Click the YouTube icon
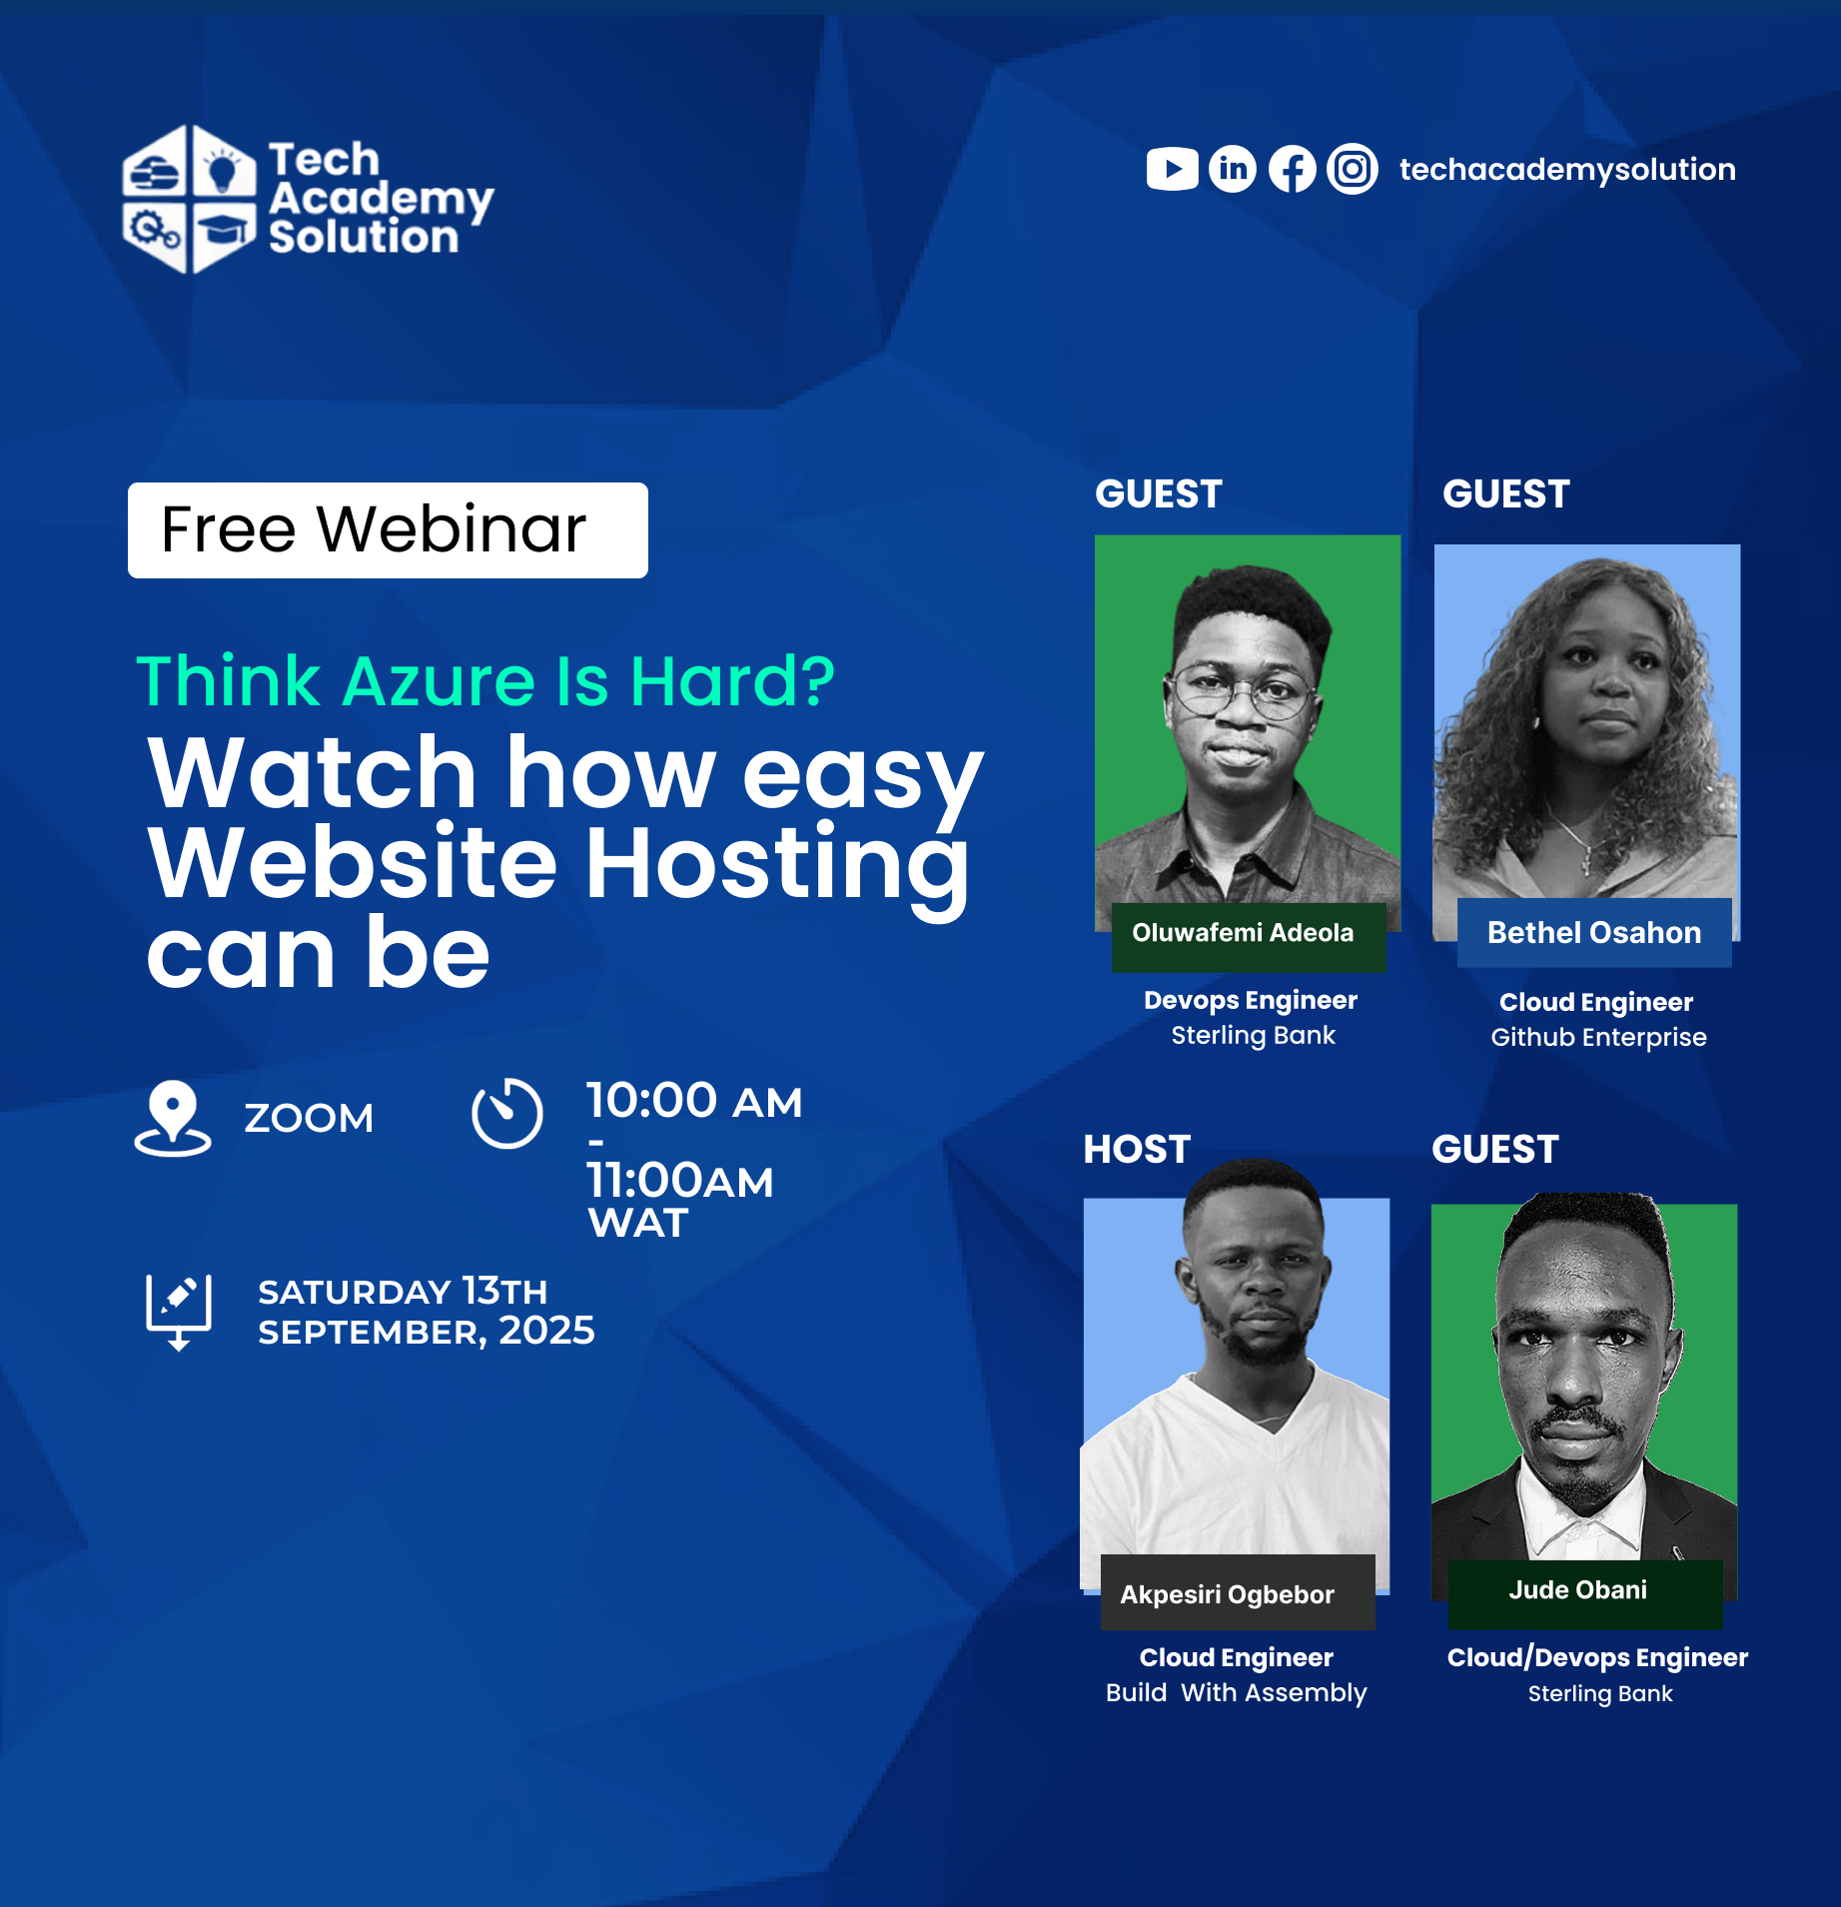coord(1172,169)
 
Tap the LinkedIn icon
coord(1233,169)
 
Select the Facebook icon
coord(1293,169)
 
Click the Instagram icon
coord(1353,169)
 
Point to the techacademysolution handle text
coord(1567,169)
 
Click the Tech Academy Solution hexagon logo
coord(189,199)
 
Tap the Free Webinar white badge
coord(388,529)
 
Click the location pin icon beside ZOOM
coord(173,1118)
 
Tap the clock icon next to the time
coord(507,1113)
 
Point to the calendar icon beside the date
coord(179,1312)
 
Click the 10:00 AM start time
coord(694,1101)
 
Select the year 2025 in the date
coord(546,1330)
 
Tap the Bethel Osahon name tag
coord(1594,932)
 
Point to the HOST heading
coord(1137,1149)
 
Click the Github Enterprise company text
coord(1598,1037)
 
